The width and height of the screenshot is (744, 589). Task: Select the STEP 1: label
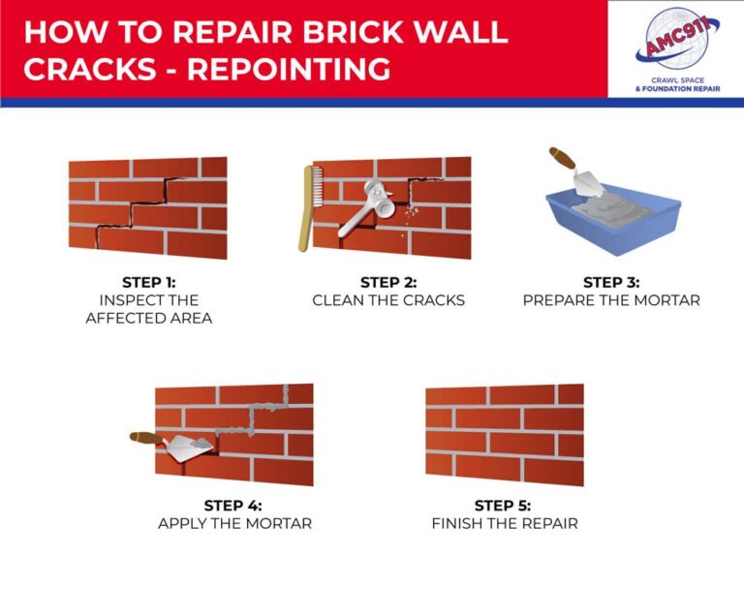[x=148, y=282]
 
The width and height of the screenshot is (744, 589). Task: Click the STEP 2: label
[x=387, y=282]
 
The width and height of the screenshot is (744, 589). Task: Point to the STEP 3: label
[x=610, y=282]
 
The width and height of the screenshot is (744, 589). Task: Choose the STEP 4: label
[x=233, y=505]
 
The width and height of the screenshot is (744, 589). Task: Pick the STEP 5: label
[x=503, y=505]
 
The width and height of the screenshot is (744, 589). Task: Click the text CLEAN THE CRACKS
[x=387, y=300]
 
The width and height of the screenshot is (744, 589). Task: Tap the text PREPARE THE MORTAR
[x=610, y=300]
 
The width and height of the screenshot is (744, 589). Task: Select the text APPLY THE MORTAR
[x=233, y=523]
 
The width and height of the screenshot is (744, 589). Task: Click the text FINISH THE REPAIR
[x=504, y=523]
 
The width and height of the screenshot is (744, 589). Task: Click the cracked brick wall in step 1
[x=148, y=208]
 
